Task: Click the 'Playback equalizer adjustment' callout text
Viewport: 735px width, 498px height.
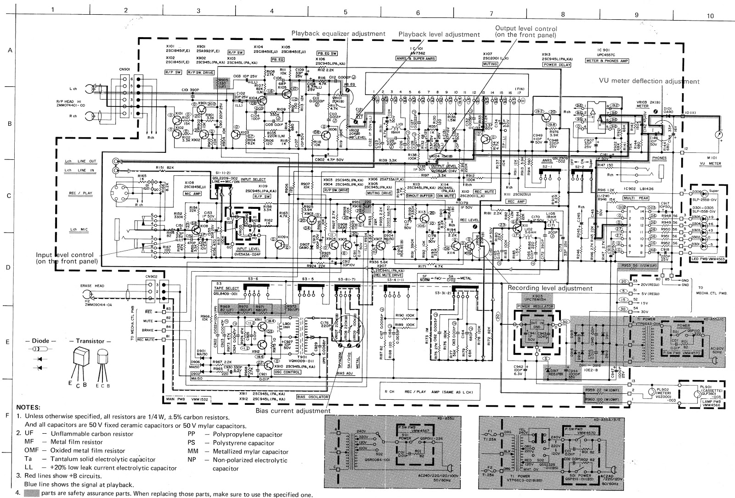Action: [338, 34]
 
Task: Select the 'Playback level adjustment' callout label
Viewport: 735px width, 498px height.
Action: [439, 34]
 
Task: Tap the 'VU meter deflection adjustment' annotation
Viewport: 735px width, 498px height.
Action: [649, 81]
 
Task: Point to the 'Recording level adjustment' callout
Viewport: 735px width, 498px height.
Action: [550, 288]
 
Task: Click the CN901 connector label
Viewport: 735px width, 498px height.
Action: [124, 69]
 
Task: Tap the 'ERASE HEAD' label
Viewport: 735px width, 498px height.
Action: [94, 285]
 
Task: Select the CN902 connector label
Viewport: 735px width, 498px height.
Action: [150, 277]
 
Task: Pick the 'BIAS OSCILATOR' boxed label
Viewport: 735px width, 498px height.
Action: [307, 396]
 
